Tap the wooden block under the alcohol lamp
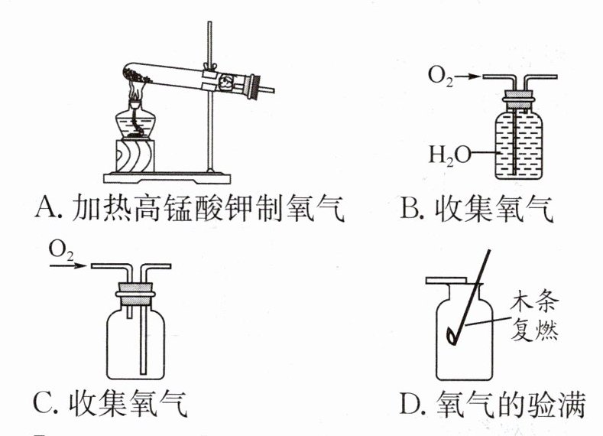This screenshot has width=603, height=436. coord(135,156)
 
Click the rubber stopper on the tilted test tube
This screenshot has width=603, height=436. coord(254,87)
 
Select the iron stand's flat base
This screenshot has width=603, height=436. coord(167,177)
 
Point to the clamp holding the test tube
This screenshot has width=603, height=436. coord(210,78)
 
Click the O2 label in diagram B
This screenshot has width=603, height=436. coord(440,76)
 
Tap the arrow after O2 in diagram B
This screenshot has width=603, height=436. coord(468,76)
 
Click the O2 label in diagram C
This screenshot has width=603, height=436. coord(61,252)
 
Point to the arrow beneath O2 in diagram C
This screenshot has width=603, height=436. coord(68,265)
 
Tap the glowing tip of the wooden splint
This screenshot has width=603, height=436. coord(451,336)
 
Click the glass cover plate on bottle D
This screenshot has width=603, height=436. coord(446,281)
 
